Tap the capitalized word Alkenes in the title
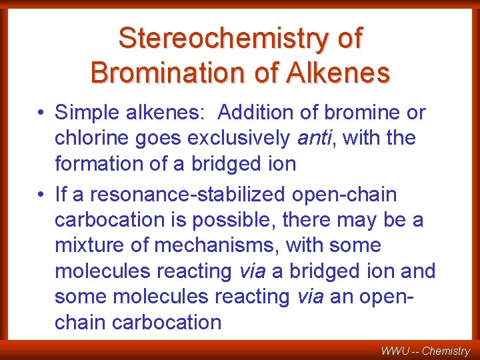pos(338,72)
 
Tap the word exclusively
pos(240,138)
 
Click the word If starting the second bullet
pos(61,195)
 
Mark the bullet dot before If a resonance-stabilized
pos(41,195)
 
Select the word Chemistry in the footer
pos(446,350)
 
